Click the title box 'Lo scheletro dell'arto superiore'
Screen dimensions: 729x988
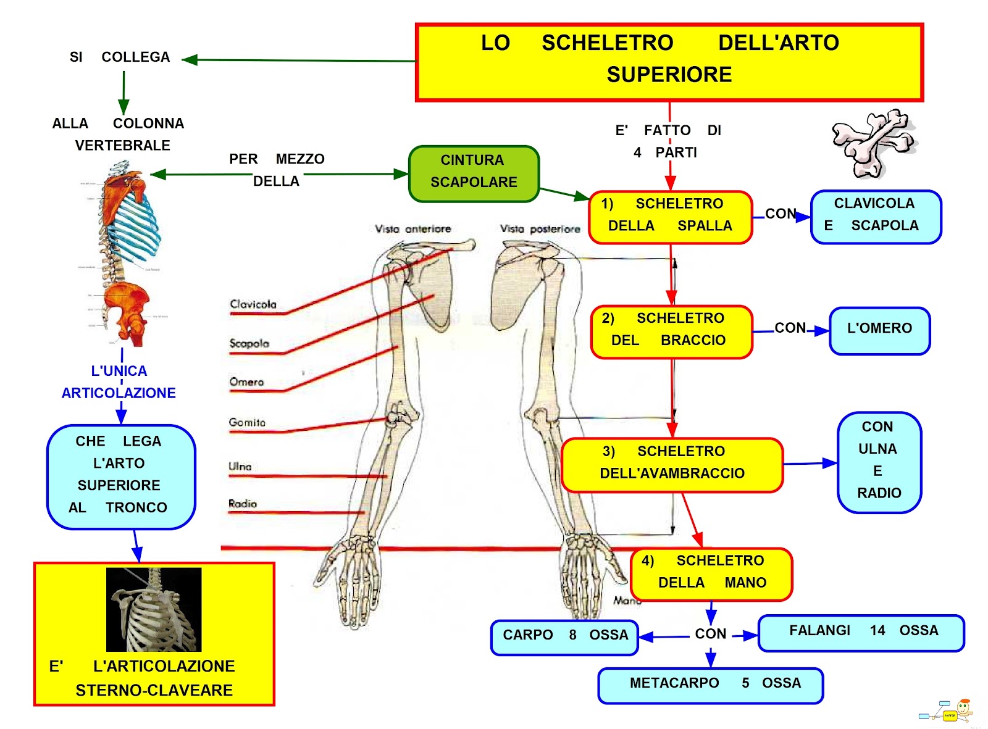coord(669,62)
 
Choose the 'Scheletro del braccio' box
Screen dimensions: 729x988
coord(671,331)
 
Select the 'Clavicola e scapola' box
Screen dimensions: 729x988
coord(876,217)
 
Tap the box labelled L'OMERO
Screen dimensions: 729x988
coord(879,331)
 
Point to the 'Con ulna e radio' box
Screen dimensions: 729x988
coord(879,462)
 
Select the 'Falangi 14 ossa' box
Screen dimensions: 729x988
coord(861,633)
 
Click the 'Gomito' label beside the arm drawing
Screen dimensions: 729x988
coord(247,423)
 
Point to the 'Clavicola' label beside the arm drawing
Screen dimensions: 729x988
coord(253,304)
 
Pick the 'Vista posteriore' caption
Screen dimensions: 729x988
coord(540,229)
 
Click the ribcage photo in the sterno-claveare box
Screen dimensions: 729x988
coord(154,609)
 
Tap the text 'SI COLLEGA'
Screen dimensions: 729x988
coord(120,57)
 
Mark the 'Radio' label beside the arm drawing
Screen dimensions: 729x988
coord(243,504)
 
